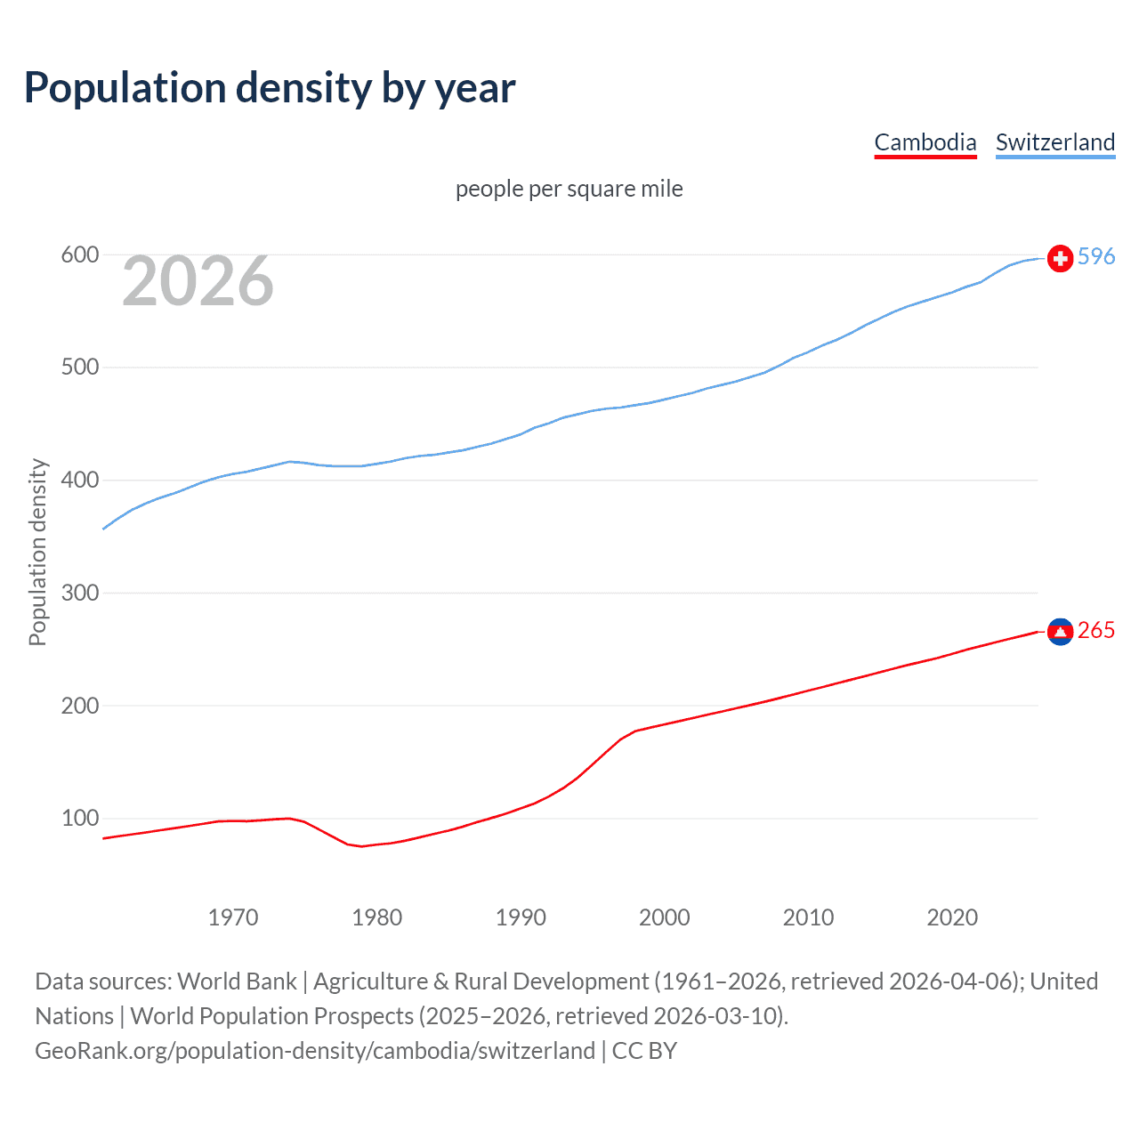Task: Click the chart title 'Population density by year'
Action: (x=270, y=87)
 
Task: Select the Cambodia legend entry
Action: (x=925, y=142)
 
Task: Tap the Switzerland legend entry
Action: (x=1055, y=142)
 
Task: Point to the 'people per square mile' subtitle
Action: (x=569, y=189)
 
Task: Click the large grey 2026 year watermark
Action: (x=198, y=281)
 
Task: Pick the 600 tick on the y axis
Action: (x=79, y=255)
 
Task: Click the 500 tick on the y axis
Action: (x=79, y=368)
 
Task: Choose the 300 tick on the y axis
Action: (x=79, y=593)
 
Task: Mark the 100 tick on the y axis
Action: (x=79, y=818)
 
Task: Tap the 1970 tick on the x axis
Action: (x=233, y=917)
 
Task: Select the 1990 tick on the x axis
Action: (x=521, y=917)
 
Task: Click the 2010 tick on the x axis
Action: (x=808, y=917)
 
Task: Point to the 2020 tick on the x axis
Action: (x=952, y=917)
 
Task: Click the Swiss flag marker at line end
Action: (x=1060, y=258)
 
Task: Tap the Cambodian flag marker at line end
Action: (x=1060, y=631)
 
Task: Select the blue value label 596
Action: (x=1096, y=256)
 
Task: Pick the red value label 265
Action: (x=1096, y=630)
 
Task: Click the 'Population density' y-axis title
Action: (x=37, y=552)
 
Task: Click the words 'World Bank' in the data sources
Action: (x=237, y=981)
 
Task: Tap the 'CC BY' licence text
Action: (x=644, y=1050)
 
